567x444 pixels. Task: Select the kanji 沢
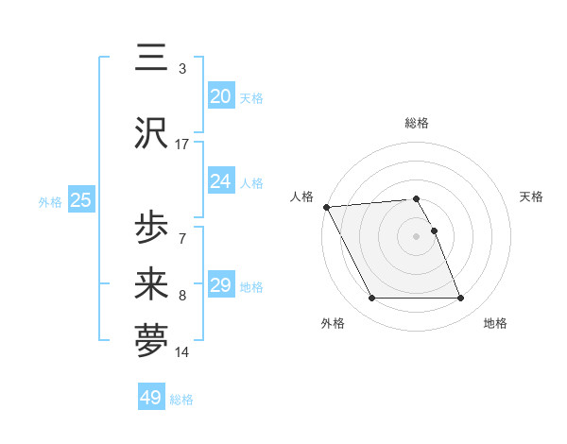[151, 132]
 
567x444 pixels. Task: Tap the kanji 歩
[151, 228]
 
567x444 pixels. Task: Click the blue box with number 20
[220, 95]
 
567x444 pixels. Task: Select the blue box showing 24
[220, 181]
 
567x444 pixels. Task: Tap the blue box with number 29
[220, 285]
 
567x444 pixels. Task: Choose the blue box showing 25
[80, 200]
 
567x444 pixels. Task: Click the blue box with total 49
[151, 398]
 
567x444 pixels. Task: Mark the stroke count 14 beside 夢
[182, 352]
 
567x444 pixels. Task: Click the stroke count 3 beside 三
[182, 69]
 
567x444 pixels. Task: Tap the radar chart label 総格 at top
[416, 123]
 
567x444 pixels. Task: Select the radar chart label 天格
[531, 196]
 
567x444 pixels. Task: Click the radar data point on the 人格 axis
[326, 207]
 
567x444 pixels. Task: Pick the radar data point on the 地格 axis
[461, 299]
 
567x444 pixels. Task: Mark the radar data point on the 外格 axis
[371, 299]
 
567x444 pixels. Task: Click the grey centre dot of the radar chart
[416, 236]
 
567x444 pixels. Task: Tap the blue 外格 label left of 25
[50, 201]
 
